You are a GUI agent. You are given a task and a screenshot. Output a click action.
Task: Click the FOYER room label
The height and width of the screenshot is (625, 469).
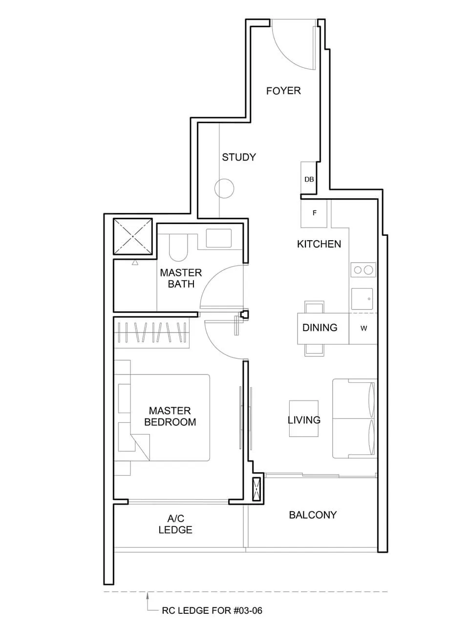283,91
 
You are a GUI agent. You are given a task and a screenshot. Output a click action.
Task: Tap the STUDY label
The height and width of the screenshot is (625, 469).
238,157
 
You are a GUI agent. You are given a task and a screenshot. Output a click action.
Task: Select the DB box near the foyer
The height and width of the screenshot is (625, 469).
309,179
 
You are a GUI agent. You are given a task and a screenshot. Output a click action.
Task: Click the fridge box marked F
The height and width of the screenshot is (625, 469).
314,213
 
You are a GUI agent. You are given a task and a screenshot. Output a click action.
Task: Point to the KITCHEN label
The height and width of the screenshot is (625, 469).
319,244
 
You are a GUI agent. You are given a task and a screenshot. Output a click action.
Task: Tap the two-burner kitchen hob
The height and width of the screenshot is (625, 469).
363,270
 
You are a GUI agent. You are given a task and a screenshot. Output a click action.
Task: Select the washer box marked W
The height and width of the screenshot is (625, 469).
363,329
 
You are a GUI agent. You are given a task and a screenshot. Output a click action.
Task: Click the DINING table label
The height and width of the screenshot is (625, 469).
320,328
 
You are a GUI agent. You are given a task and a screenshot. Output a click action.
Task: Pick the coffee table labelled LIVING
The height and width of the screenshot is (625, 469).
304,419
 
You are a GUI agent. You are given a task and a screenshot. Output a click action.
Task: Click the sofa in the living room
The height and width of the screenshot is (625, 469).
354,418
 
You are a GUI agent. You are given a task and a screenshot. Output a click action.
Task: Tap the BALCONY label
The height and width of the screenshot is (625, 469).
313,515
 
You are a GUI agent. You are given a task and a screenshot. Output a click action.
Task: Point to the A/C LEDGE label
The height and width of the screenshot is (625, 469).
175,524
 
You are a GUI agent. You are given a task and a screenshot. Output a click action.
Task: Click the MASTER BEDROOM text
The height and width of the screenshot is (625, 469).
170,417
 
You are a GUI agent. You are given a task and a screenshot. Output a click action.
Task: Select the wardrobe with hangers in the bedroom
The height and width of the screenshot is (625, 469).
151,333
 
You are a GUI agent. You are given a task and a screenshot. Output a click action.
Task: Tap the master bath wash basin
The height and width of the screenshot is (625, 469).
218,238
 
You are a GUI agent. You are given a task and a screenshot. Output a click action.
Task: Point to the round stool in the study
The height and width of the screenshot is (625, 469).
224,188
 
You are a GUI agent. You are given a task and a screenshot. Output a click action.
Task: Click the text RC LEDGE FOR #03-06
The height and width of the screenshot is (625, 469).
212,610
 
